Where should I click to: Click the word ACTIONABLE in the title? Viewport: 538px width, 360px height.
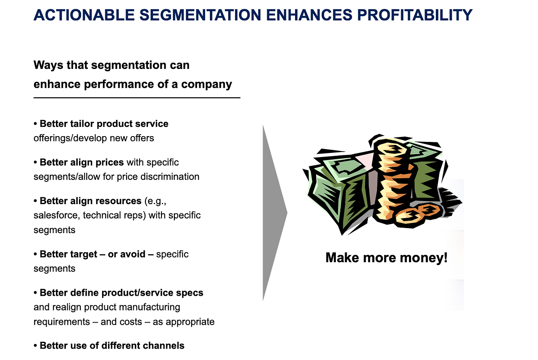coord(84,15)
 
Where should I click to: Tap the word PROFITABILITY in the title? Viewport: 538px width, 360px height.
coord(415,15)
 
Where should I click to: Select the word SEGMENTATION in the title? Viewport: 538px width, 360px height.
coord(200,15)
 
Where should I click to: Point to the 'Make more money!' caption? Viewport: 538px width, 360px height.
coord(386,258)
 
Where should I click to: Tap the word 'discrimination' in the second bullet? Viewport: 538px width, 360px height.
coord(170,177)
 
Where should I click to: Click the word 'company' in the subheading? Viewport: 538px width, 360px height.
coord(206,85)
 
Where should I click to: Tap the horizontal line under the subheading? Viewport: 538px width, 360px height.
coord(137,98)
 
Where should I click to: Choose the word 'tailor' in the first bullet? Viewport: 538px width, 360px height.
coord(82,124)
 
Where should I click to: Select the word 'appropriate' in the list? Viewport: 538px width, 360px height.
coord(190,322)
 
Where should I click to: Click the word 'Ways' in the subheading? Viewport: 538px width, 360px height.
coord(48,65)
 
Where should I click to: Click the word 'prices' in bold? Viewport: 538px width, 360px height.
coord(110,163)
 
